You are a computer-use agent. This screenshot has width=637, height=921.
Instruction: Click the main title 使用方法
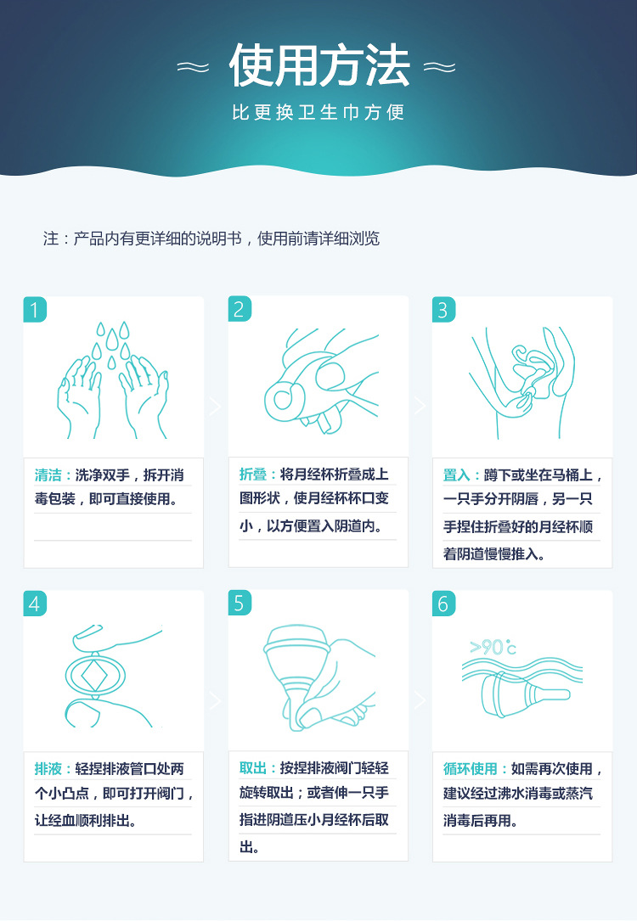(318, 67)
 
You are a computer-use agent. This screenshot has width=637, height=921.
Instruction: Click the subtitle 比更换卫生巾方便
(318, 113)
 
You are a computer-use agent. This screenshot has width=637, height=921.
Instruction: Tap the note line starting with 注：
(211, 239)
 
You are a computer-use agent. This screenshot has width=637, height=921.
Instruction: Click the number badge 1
(35, 309)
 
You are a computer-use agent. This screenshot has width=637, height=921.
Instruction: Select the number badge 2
(240, 309)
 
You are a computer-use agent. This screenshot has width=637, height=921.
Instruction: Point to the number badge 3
(443, 309)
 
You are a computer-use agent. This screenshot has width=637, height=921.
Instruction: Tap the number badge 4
(35, 604)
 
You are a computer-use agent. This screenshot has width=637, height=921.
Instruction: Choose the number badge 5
(240, 604)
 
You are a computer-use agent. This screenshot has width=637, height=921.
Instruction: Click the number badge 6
(443, 604)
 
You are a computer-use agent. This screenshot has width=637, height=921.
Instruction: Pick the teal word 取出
(253, 768)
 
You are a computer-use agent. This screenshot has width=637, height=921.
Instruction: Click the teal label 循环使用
(471, 769)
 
